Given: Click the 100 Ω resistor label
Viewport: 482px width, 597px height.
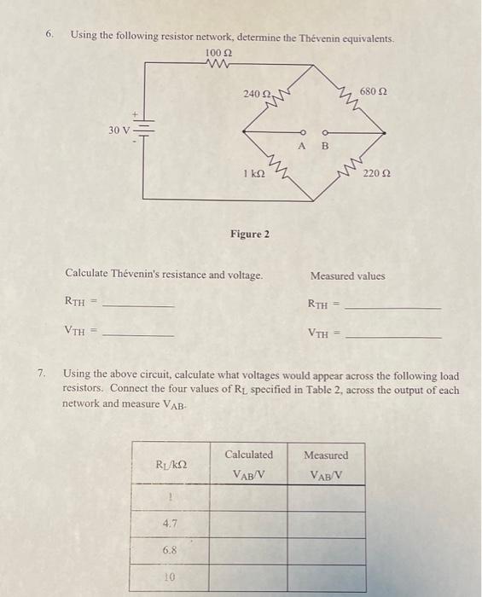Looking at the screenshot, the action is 218,54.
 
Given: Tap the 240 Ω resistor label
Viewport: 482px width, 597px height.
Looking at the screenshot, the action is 257,93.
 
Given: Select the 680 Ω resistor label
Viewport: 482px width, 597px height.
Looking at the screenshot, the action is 373,90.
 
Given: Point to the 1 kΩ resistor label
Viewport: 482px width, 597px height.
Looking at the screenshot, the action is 254,173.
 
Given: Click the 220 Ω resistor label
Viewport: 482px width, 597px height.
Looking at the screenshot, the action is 376,173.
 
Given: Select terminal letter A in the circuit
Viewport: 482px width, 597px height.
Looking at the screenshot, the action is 301,145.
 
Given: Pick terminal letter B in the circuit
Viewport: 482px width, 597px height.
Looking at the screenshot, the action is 323,145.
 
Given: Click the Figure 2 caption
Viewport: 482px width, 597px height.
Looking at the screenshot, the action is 249,234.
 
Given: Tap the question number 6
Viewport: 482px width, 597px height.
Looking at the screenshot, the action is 50,35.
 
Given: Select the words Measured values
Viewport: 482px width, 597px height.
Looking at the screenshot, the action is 347,275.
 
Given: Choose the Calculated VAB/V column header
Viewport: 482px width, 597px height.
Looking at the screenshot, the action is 249,463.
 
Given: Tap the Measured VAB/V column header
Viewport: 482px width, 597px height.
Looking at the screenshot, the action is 326,463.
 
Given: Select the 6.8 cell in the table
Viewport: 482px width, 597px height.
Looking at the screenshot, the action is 170,551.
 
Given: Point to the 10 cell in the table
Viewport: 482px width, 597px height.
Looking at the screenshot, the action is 169,577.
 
